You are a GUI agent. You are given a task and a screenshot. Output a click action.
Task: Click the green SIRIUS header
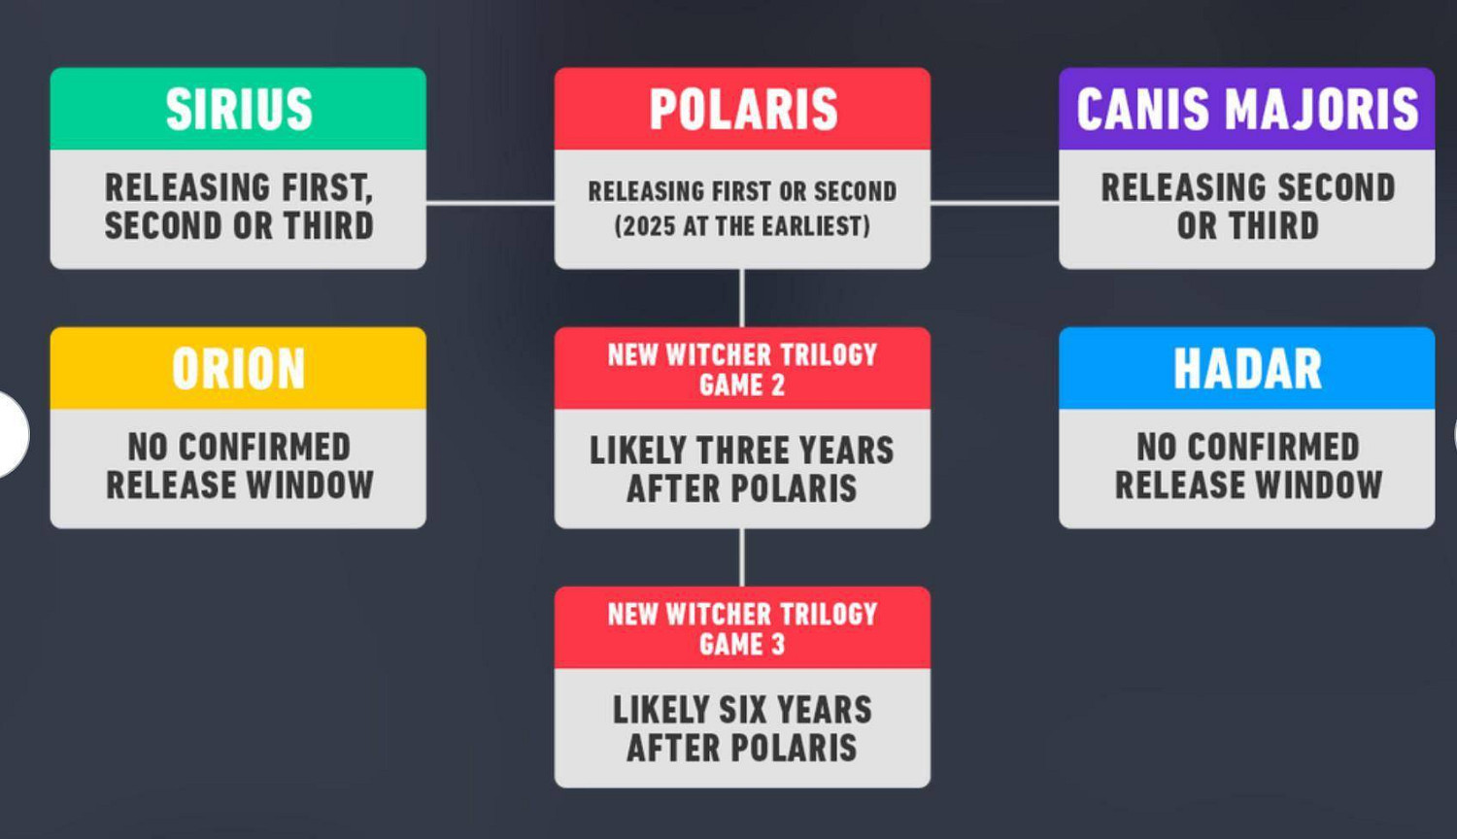(238, 109)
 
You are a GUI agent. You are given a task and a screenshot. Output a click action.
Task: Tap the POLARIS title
(743, 109)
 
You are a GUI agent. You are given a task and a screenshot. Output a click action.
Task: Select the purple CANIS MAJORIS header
(1247, 109)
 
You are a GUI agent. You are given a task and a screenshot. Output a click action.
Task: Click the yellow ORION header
(238, 368)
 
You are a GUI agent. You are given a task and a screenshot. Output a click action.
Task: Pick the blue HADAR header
(1247, 368)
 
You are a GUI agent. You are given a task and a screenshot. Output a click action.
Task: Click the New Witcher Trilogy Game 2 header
(742, 368)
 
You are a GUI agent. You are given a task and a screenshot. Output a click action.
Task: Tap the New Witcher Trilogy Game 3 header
(742, 627)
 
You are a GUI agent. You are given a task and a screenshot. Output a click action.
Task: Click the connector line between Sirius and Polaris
(491, 203)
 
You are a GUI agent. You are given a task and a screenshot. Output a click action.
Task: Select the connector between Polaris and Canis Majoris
(995, 203)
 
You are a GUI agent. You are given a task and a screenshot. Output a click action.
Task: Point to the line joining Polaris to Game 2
(742, 298)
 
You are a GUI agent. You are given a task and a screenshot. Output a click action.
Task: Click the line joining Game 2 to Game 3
(742, 557)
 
